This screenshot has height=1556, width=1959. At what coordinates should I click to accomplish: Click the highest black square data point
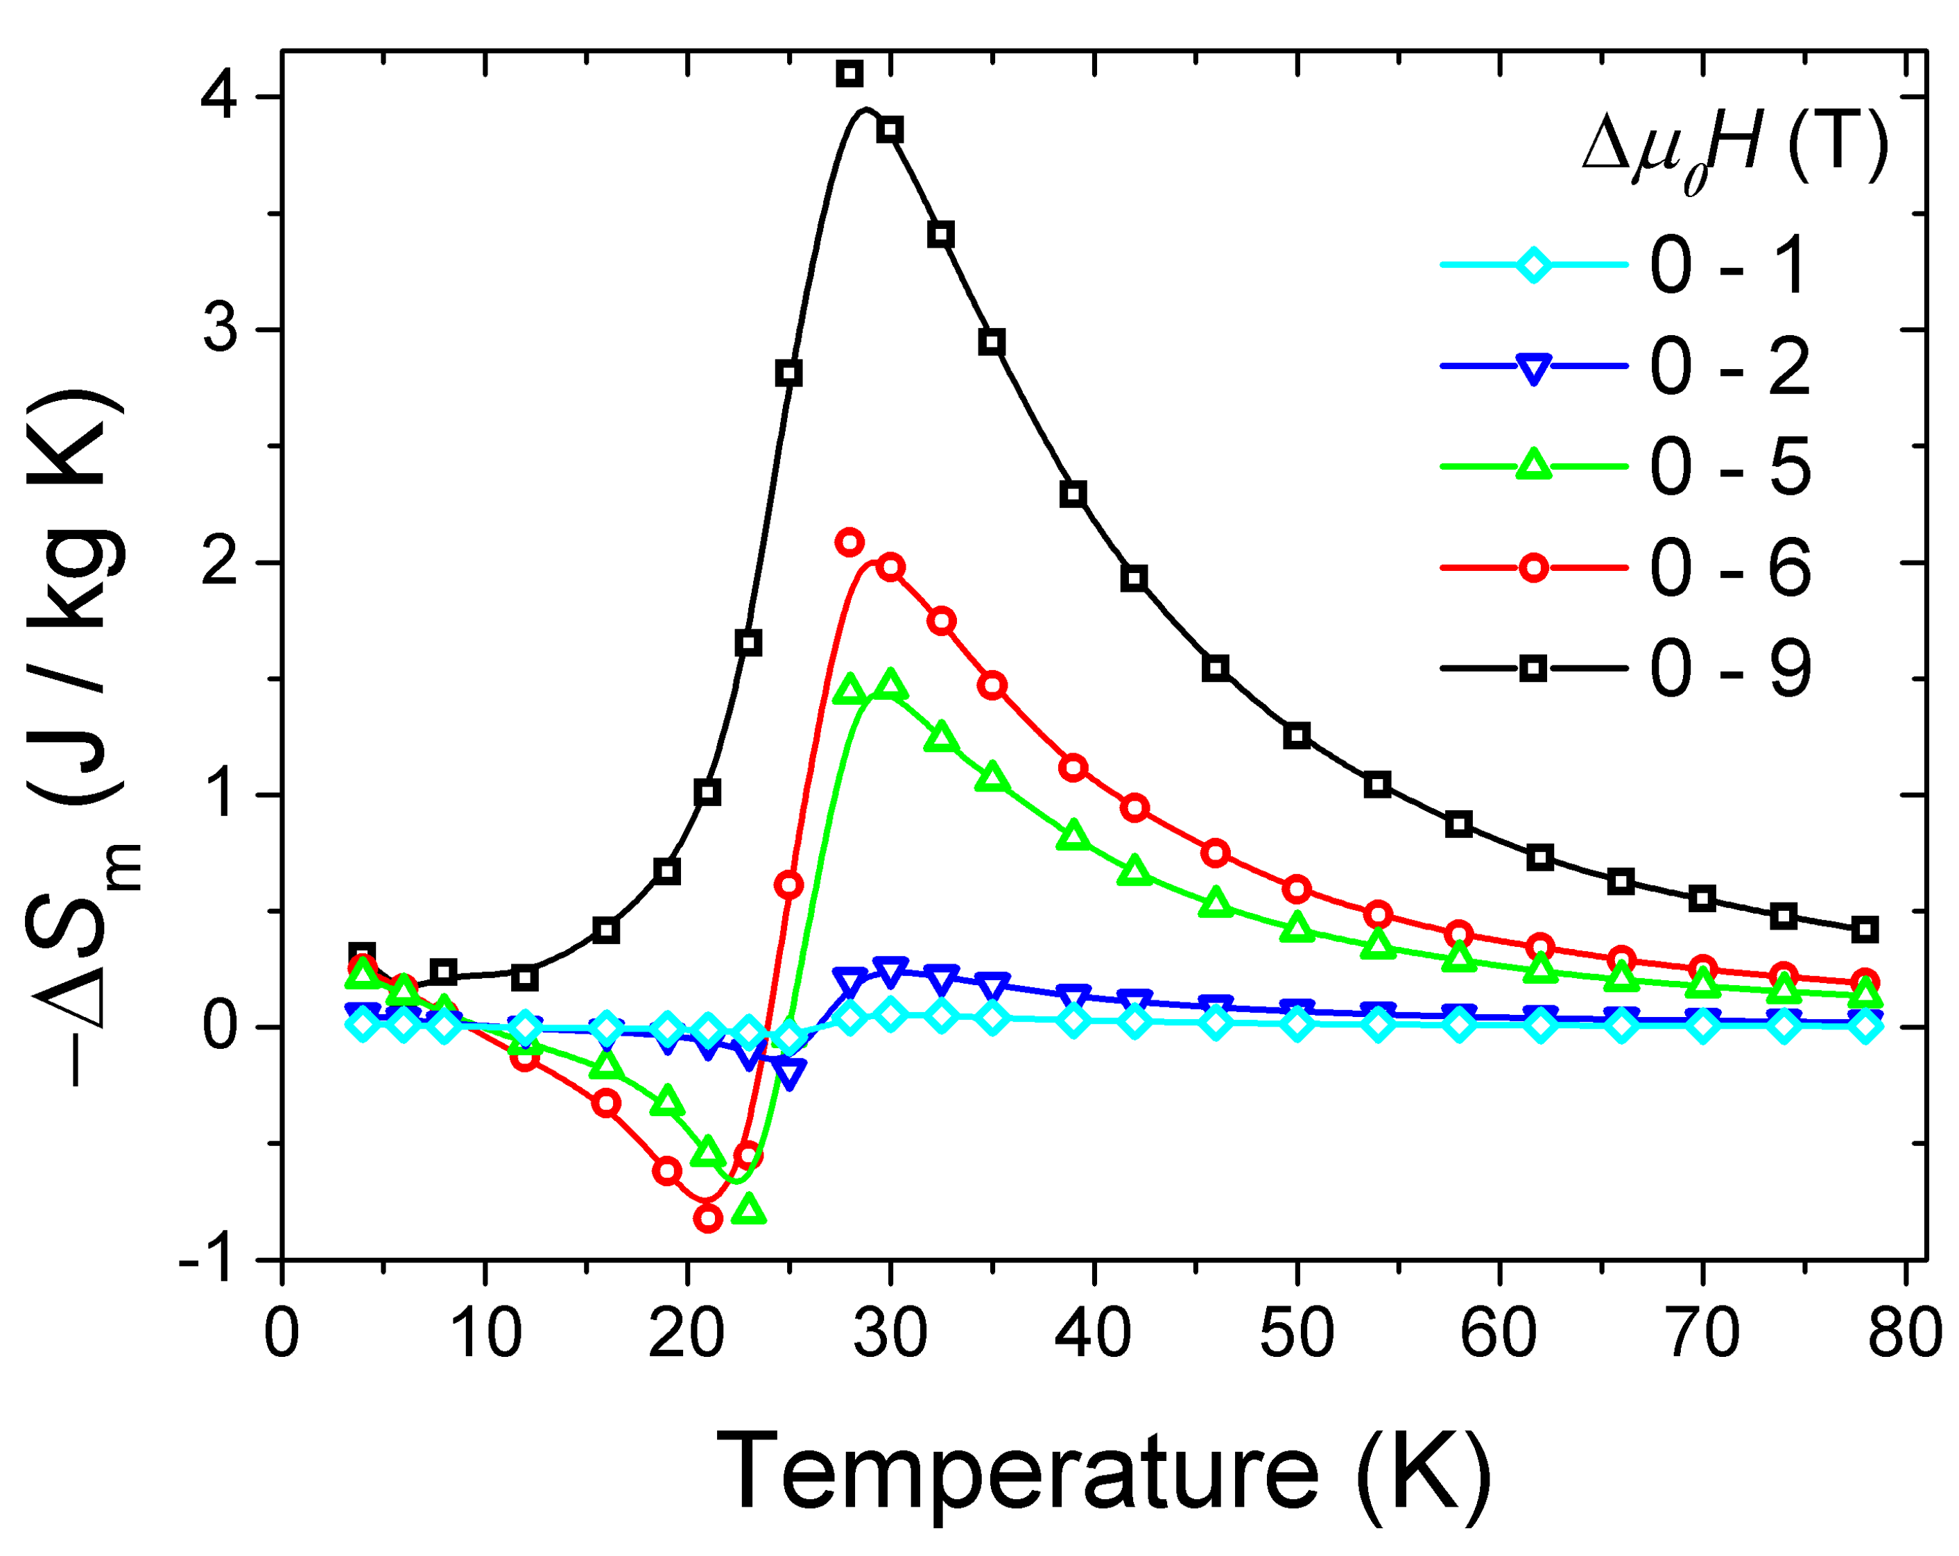(849, 74)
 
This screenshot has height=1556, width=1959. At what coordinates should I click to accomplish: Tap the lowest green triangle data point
(749, 1211)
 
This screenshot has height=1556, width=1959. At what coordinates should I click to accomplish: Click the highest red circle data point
(849, 542)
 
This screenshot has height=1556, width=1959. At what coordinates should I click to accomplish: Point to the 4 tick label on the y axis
(220, 96)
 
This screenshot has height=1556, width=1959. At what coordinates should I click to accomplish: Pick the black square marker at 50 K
(1297, 735)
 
